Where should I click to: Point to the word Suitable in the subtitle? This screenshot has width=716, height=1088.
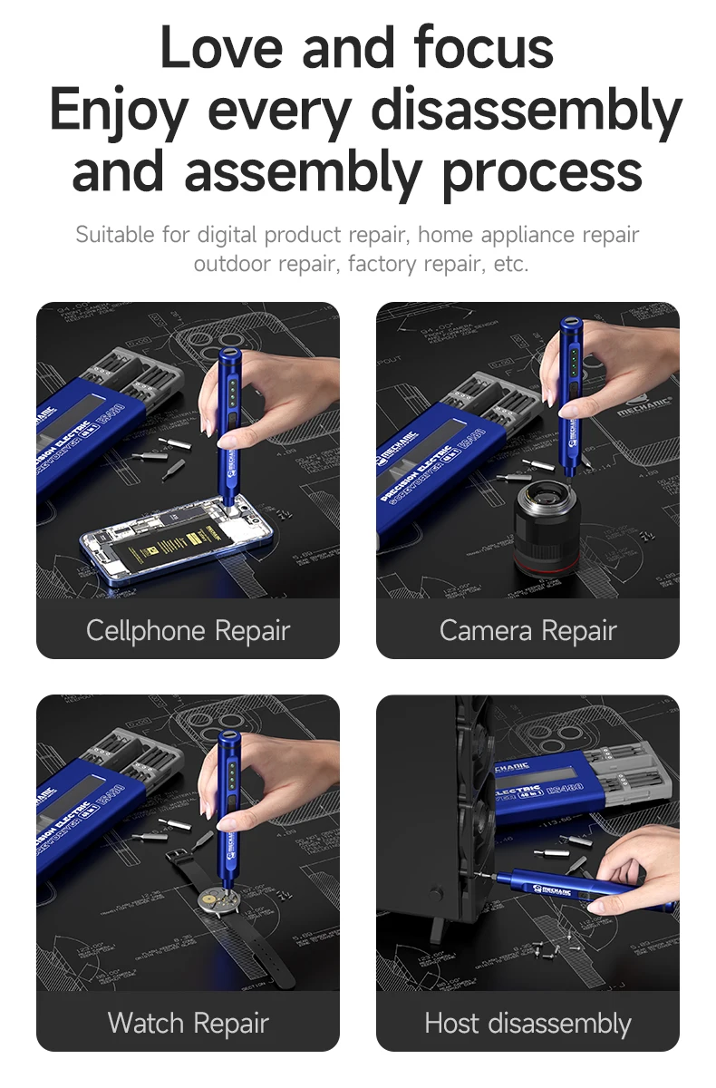pyautogui.click(x=115, y=235)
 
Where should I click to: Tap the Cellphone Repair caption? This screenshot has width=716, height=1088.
pyautogui.click(x=188, y=630)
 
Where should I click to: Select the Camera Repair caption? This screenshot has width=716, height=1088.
pyautogui.click(x=527, y=630)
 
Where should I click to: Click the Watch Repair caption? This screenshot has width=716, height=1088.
pyautogui.click(x=188, y=1024)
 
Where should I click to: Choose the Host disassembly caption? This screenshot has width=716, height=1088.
pyautogui.click(x=527, y=1024)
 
